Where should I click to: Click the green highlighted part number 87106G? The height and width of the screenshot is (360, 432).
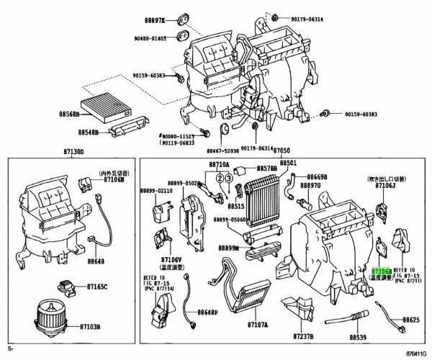coord(381,269)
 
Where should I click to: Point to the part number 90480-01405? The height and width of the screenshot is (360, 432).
coord(151,38)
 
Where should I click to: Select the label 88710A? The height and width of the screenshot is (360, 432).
coord(220,165)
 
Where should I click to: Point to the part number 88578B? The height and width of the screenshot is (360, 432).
coord(267,168)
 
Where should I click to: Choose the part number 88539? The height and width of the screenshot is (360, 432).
coord(360,336)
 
